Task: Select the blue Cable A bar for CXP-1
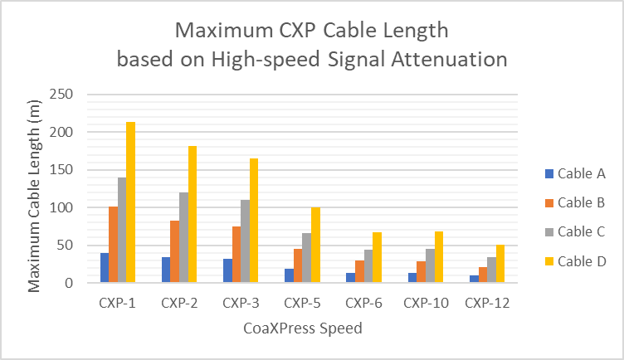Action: [x=105, y=268]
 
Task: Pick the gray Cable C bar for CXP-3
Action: [x=245, y=241]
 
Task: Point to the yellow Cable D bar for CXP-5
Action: [x=315, y=245]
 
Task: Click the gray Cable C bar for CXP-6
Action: [x=368, y=266]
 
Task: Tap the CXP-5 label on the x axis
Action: [x=303, y=303]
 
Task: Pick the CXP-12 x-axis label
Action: [x=487, y=303]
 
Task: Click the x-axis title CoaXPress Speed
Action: [x=303, y=328]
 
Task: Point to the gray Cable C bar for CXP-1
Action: [x=122, y=230]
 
